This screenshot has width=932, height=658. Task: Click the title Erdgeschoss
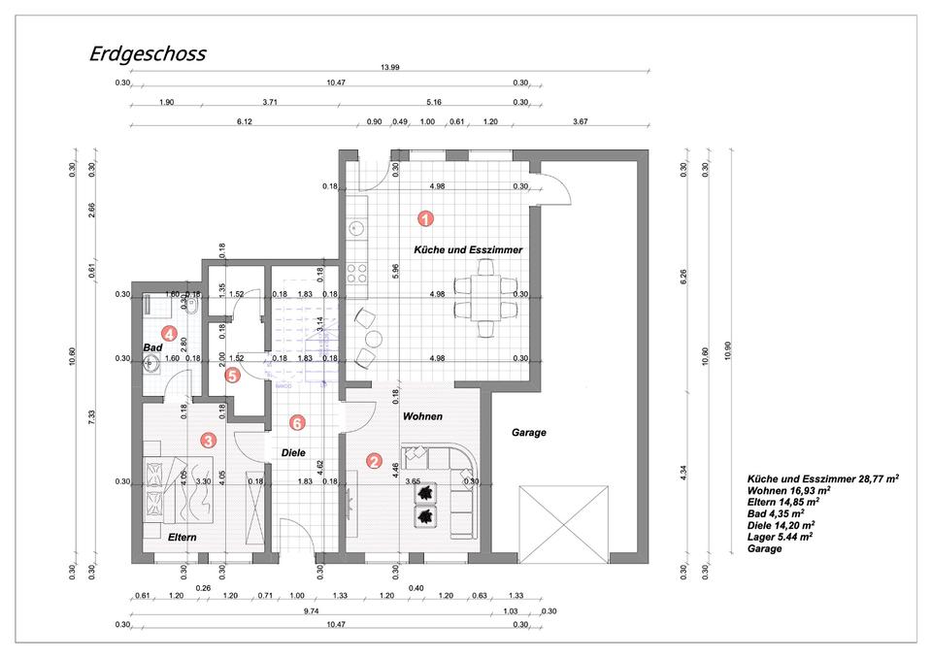point(148,53)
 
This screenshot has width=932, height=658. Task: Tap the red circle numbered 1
point(424,219)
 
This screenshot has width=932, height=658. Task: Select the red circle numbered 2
point(374,461)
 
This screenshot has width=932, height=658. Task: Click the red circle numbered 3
point(208,440)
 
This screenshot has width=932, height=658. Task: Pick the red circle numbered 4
point(169,335)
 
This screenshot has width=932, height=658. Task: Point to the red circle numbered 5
point(232,376)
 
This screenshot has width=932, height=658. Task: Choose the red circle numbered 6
point(298,422)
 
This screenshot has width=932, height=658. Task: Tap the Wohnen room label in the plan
point(422,416)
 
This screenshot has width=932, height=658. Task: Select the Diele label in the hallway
point(294,452)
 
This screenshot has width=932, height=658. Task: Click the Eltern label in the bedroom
point(183,537)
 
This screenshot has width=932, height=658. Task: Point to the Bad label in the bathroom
point(152,347)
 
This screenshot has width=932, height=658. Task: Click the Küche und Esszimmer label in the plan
point(468,250)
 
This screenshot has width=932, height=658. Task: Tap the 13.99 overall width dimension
point(390,67)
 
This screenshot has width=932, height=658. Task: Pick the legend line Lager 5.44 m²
point(781,536)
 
